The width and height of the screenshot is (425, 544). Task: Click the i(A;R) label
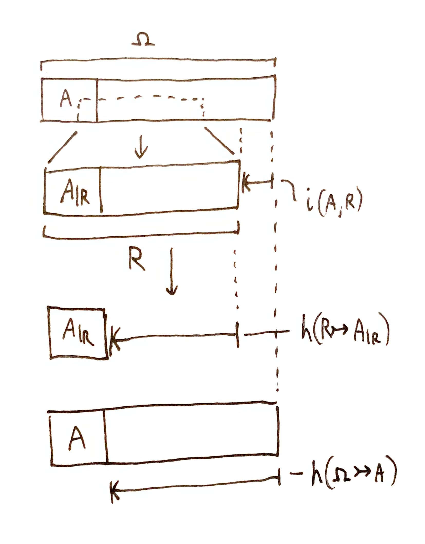coord(334,205)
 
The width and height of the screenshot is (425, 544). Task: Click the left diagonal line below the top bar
coord(62,147)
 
